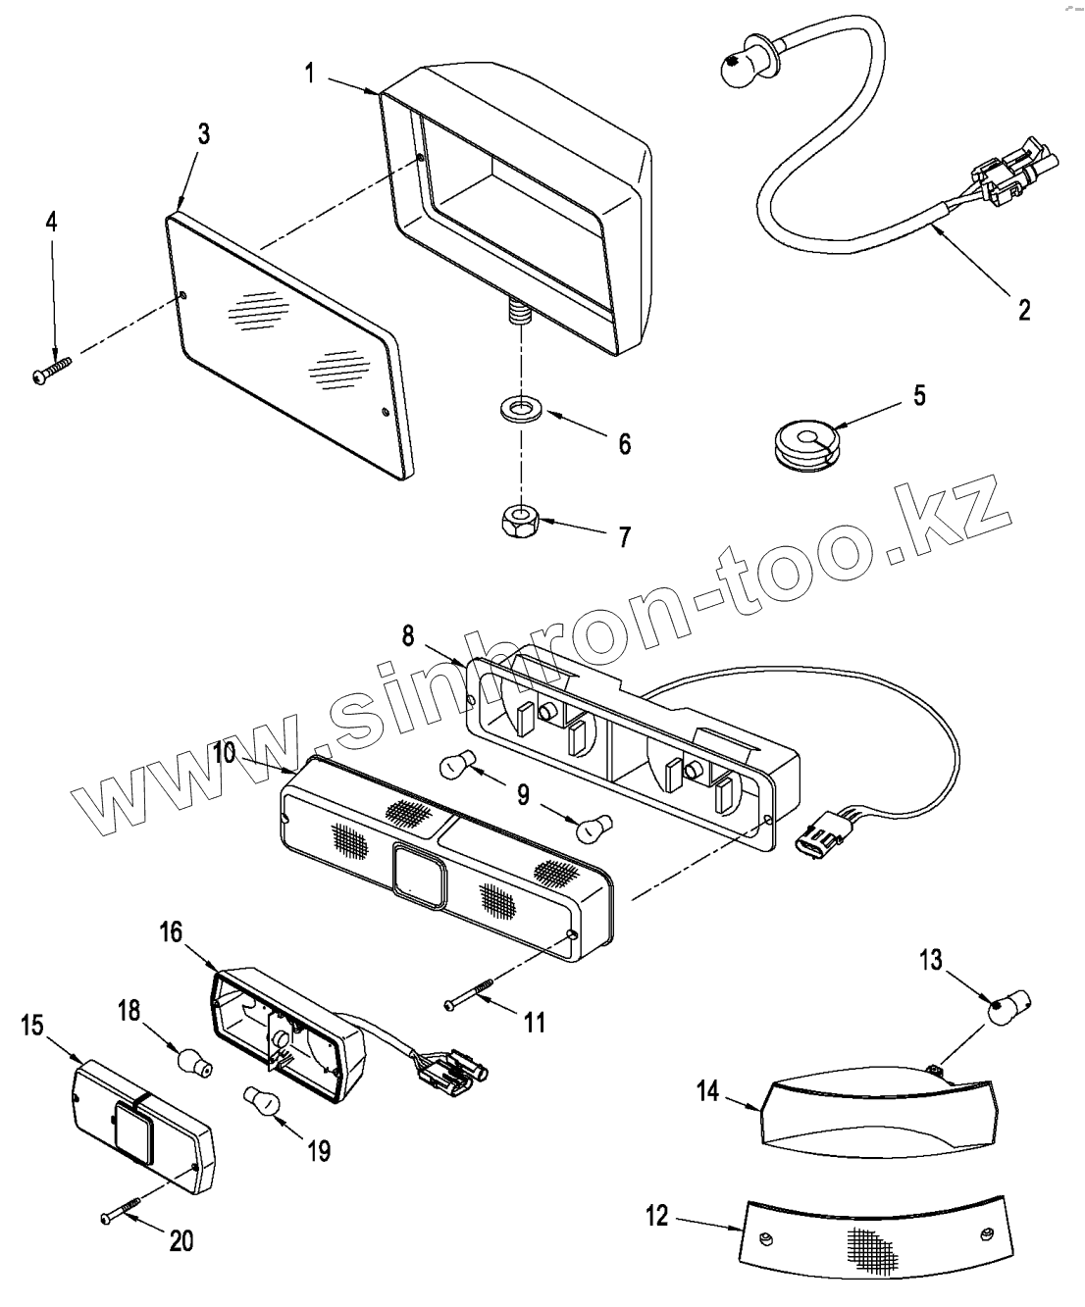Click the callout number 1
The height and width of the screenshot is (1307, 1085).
pyautogui.click(x=309, y=74)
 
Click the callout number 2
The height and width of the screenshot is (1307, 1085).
pyautogui.click(x=1024, y=311)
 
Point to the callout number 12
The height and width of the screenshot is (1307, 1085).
pyautogui.click(x=656, y=1217)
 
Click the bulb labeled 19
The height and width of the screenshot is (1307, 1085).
pyautogui.click(x=262, y=1099)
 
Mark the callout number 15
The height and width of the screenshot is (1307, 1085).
pyautogui.click(x=31, y=1026)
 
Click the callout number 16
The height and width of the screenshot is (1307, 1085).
pyautogui.click(x=171, y=931)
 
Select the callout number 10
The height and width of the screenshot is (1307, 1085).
pyautogui.click(x=224, y=753)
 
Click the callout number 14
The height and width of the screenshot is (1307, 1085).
pyautogui.click(x=708, y=1090)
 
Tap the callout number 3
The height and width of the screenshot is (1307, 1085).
pyautogui.click(x=203, y=134)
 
